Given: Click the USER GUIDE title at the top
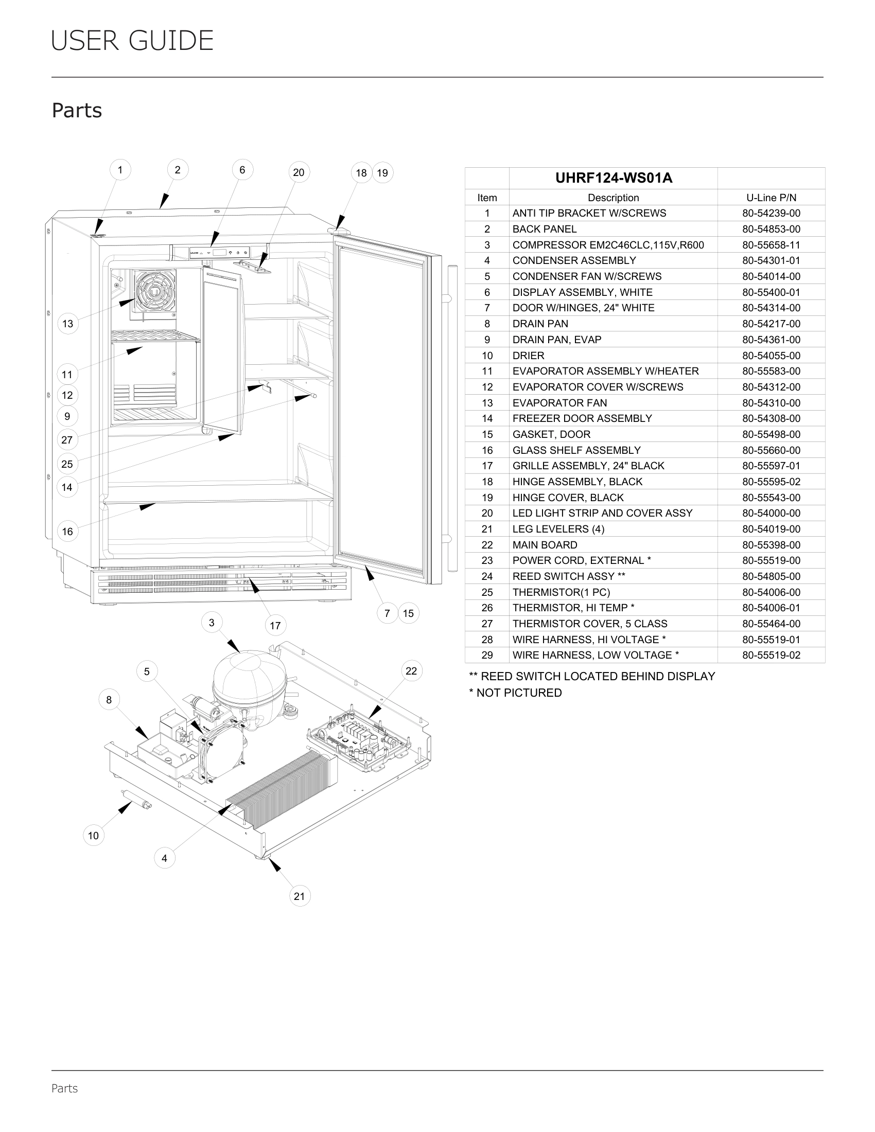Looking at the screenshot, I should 132,41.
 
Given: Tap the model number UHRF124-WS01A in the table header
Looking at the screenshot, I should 613,178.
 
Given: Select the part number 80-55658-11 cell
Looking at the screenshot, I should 771,244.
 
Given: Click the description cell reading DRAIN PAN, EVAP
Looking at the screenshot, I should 557,340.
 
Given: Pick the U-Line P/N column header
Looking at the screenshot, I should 771,198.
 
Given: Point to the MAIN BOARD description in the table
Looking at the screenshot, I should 544,545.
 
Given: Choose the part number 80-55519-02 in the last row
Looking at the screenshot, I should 771,655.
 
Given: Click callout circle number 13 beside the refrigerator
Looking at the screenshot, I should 67,324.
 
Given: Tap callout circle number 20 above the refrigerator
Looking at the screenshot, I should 299,172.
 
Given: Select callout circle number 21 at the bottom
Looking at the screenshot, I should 299,896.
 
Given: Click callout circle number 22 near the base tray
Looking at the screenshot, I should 411,671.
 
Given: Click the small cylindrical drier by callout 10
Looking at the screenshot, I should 136,799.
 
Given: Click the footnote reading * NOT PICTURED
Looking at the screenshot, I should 515,693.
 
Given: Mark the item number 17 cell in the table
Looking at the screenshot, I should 487,466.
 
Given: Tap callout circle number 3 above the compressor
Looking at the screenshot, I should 212,623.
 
